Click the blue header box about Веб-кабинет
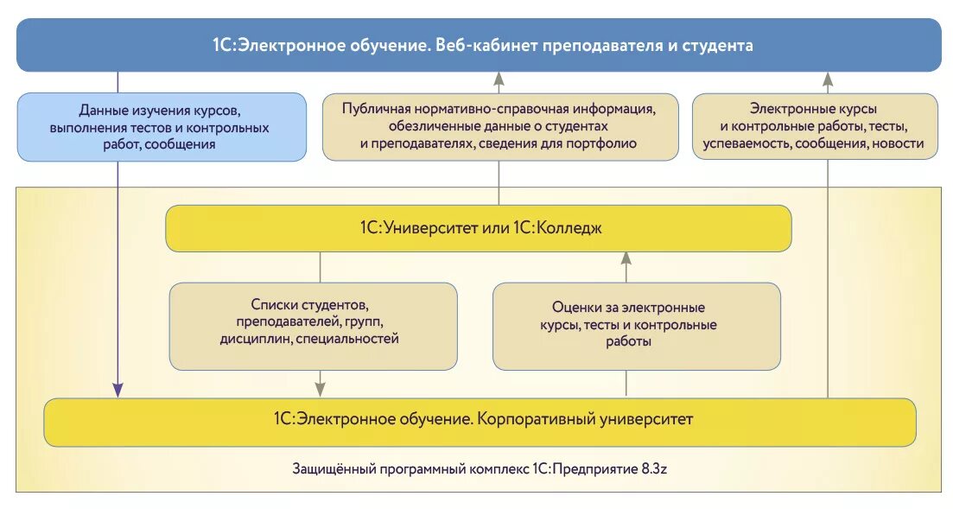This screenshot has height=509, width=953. (x=479, y=45)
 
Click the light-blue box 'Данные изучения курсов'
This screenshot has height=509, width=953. (x=162, y=127)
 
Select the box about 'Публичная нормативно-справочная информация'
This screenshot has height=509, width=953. (x=498, y=127)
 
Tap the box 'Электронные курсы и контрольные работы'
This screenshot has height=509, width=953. (x=814, y=127)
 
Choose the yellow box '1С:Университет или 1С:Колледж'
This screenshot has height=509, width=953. (x=479, y=228)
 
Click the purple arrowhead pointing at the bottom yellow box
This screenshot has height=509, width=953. (x=118, y=391)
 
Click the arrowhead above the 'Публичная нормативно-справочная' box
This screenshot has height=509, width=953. (x=499, y=80)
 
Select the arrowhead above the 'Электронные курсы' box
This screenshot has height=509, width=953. (x=828, y=80)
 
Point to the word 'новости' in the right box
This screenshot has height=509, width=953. (x=898, y=144)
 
